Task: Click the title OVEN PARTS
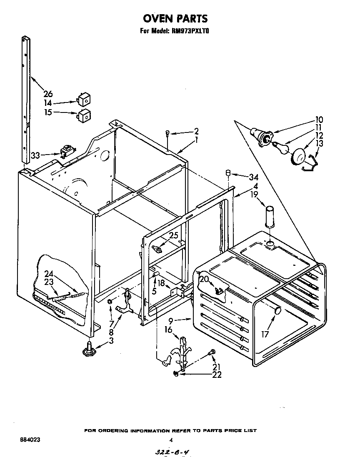(175, 18)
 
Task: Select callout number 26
(48, 94)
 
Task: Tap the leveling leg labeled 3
(89, 348)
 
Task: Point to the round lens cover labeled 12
(298, 157)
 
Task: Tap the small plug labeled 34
(228, 172)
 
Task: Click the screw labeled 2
(167, 133)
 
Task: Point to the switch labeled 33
(65, 152)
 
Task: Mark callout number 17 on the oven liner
(265, 334)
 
